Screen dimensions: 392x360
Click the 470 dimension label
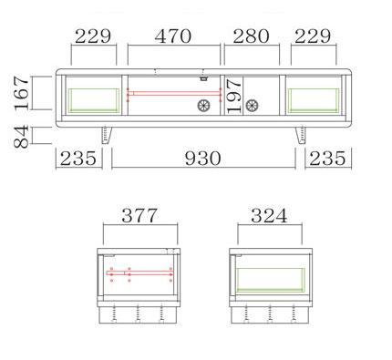tap(173, 36)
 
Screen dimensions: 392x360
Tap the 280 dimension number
tap(251, 36)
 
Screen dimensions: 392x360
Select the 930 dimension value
tap(202, 159)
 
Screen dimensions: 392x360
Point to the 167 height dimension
tap(22, 93)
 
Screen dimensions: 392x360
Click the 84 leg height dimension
tap(21, 137)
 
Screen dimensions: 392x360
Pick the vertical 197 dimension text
tap(234, 97)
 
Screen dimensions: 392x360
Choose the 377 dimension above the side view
tap(139, 216)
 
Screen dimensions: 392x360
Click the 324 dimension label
tap(269, 216)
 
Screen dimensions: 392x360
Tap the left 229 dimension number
tap(93, 36)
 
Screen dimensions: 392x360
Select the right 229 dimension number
tap(313, 36)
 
